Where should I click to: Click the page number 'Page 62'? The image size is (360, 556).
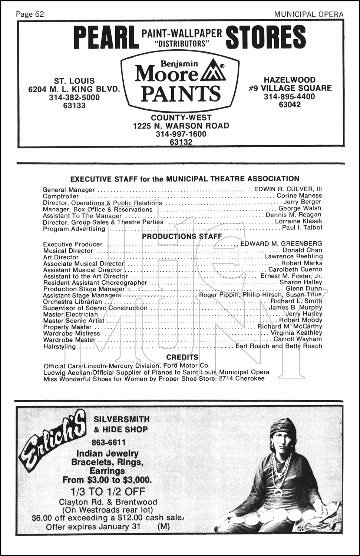coord(30,14)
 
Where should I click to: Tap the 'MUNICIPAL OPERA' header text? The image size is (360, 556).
coord(309,14)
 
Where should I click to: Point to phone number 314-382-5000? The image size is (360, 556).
coord(74,97)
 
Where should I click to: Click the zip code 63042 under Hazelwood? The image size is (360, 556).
coord(290,105)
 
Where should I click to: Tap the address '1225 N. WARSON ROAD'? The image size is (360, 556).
coord(181,126)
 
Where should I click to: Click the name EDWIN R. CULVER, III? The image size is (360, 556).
coord(288,189)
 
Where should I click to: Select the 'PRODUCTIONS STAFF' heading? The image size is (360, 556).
coord(182,236)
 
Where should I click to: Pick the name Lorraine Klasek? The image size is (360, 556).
coord(298,221)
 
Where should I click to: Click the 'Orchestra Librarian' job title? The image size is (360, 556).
coord(72,302)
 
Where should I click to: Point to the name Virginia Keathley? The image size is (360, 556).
coord(296,333)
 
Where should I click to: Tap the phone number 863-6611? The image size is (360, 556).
coord(108,442)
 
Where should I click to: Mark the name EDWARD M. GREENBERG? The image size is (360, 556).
coord(281,244)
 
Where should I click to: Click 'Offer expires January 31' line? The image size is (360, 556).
coord(93,527)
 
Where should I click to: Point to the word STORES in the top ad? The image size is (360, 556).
coord(266,37)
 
